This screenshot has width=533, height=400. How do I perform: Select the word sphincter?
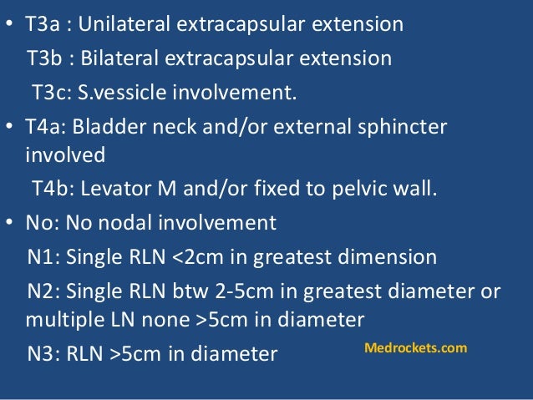tap(405, 126)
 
